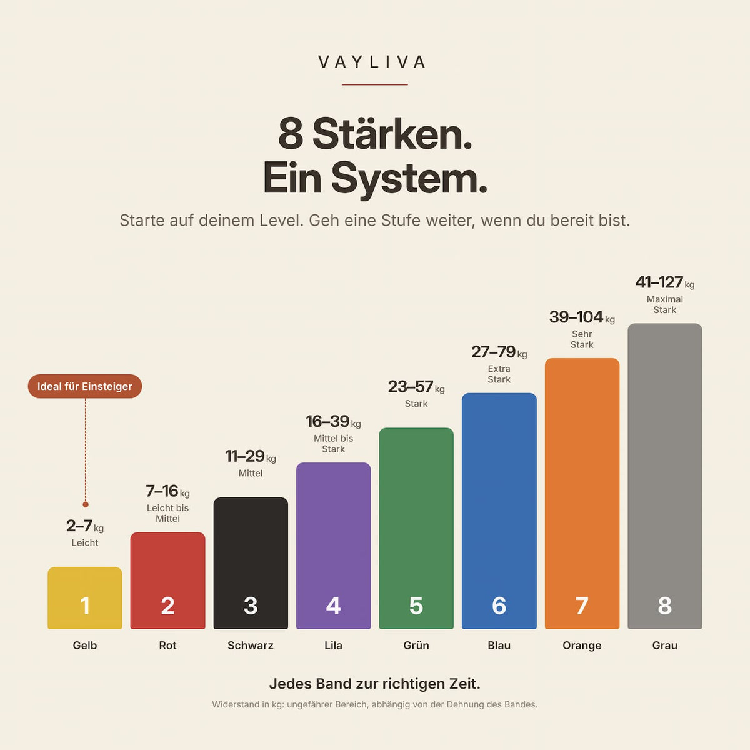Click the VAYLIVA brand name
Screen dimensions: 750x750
pos(372,62)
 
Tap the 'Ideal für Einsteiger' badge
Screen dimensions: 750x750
pos(85,386)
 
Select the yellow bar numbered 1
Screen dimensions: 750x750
pos(85,598)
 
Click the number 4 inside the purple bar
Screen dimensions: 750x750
pos(334,606)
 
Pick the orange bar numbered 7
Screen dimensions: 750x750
pos(582,494)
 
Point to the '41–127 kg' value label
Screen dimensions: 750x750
pos(665,282)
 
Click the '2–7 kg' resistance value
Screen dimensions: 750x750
pos(85,526)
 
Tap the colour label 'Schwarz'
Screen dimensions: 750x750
pos(251,645)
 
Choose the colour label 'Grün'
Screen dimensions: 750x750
pos(416,645)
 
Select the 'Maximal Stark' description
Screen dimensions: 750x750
pos(665,305)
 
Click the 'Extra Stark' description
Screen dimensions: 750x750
pos(499,374)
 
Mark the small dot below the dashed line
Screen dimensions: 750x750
pos(86,504)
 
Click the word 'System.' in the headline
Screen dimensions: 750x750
pos(409,179)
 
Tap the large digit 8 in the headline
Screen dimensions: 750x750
pos(291,134)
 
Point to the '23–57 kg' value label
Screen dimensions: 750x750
pos(416,387)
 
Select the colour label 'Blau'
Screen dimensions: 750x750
pos(499,645)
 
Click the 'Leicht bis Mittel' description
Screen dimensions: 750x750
pos(167,513)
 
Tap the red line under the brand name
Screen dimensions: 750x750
pos(375,84)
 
